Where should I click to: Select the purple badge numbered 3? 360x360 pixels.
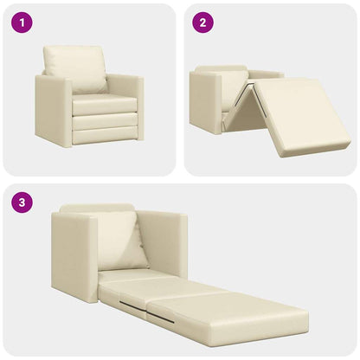pos(22,203)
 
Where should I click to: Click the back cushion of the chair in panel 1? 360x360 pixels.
pos(76,67)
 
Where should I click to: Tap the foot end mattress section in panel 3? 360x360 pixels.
pos(242,316)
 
